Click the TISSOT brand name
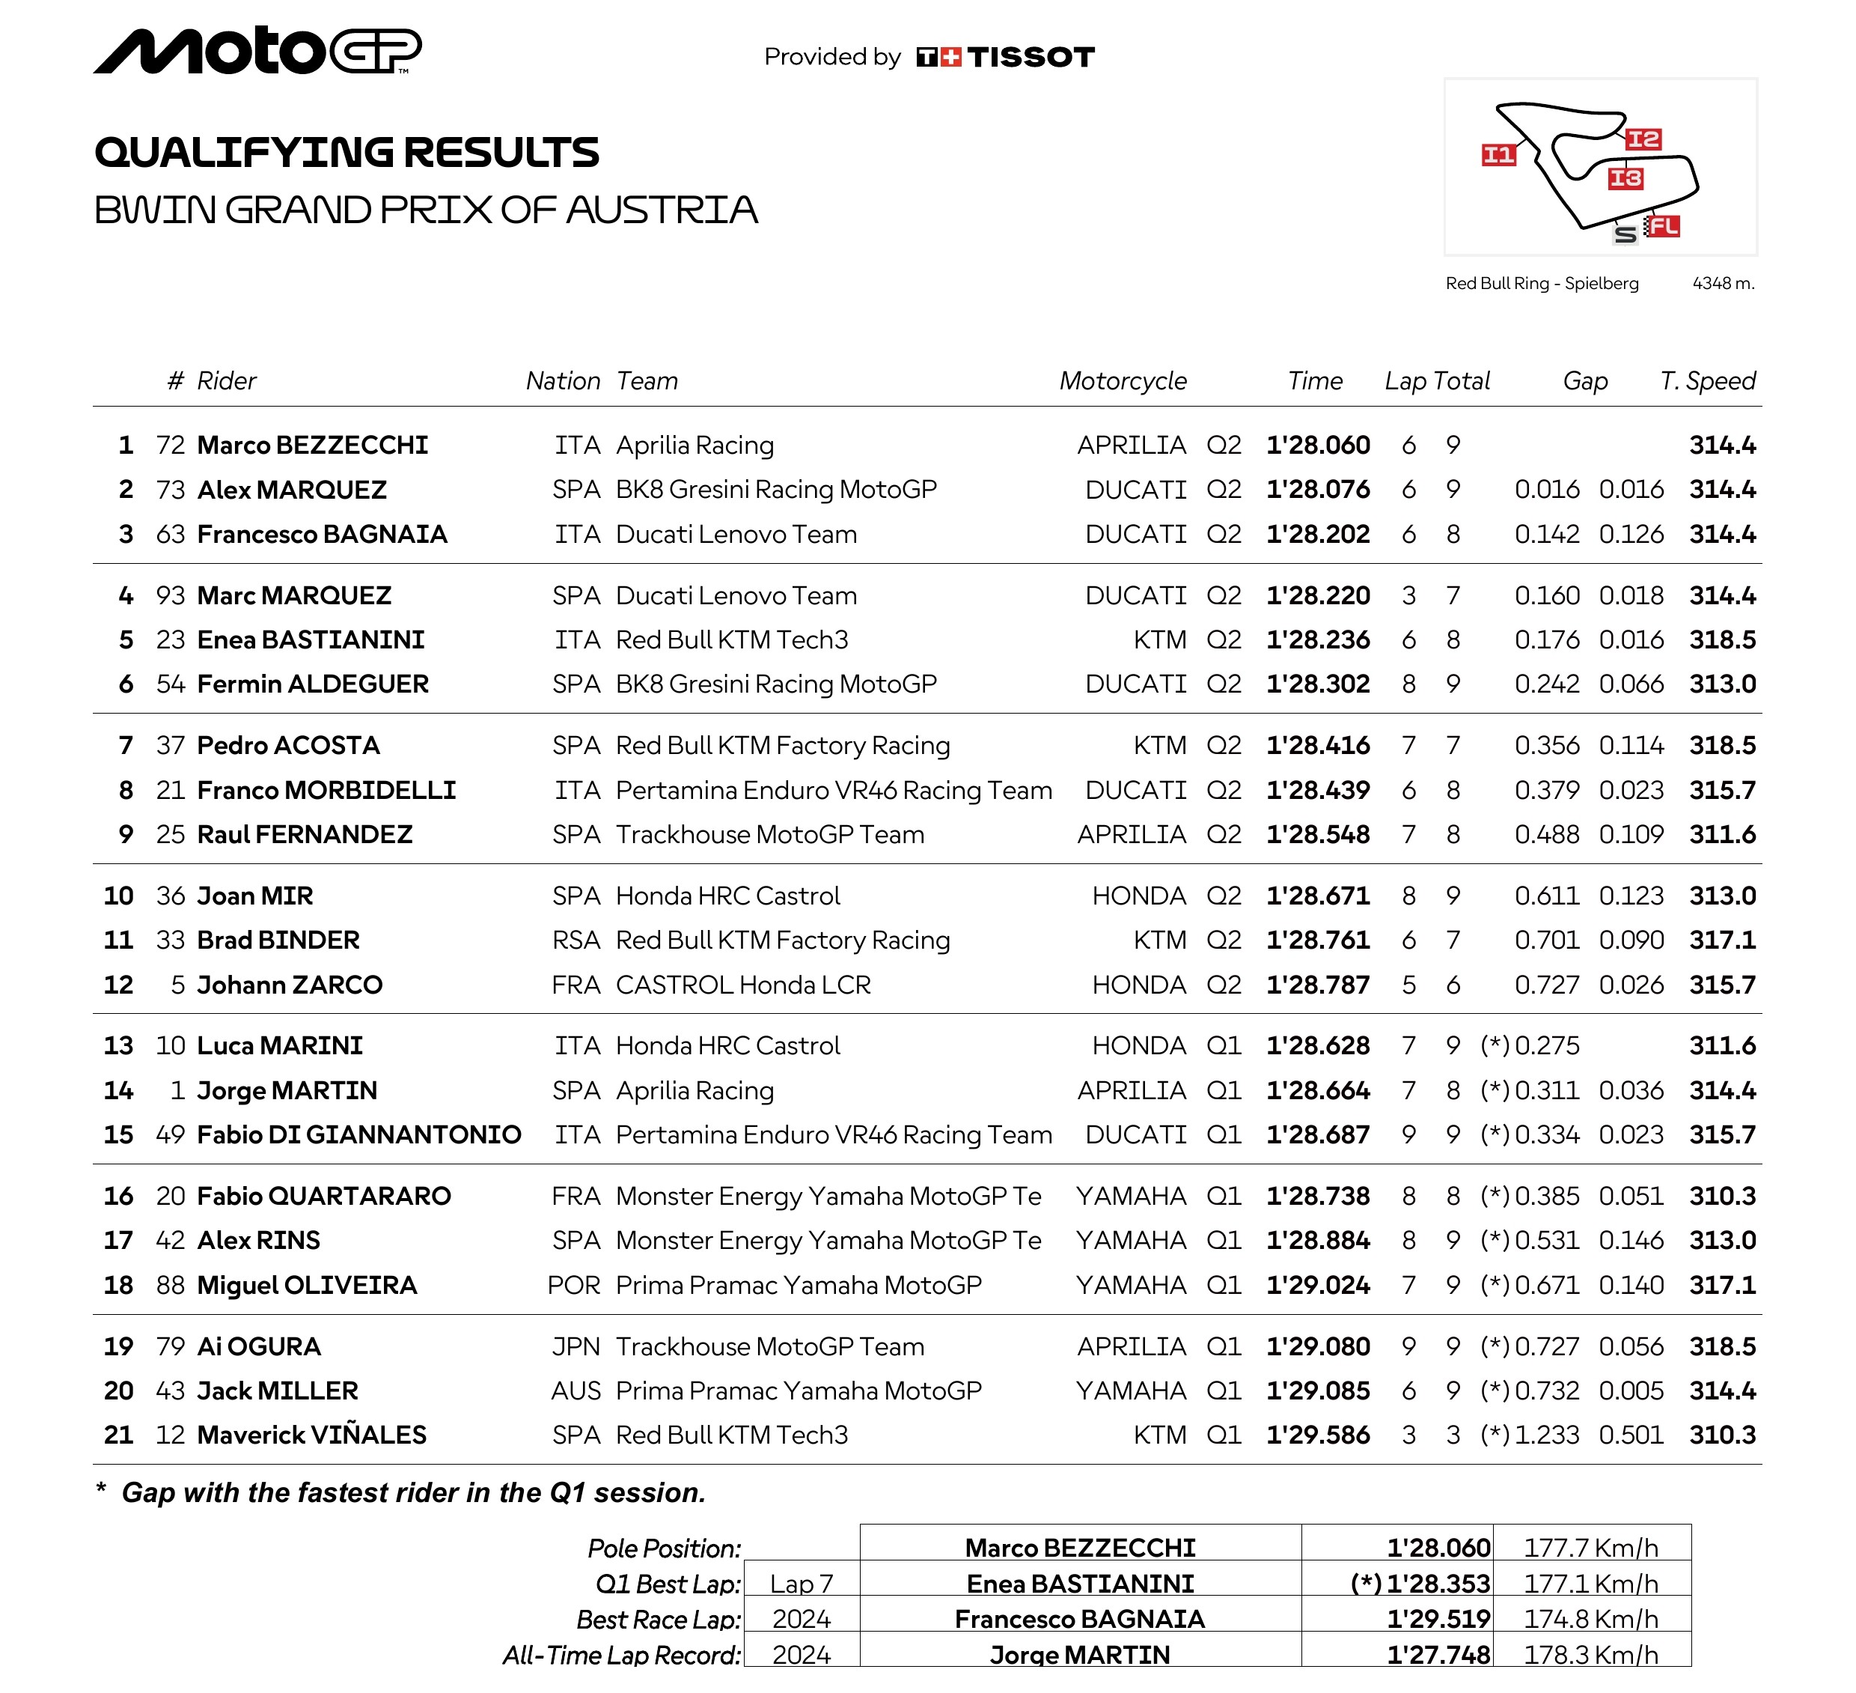click(1031, 57)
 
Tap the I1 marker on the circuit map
click(1498, 155)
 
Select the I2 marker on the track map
click(1643, 139)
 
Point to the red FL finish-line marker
click(1664, 227)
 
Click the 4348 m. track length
click(1724, 284)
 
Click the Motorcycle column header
click(1123, 381)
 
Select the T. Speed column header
click(1708, 381)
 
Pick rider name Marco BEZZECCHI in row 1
click(313, 446)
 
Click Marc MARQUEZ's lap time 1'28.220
click(1317, 596)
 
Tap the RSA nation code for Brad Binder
click(576, 940)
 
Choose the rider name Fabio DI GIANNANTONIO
click(359, 1135)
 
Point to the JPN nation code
click(576, 1346)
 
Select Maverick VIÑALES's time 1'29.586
click(1317, 1435)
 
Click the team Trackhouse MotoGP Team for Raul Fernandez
click(769, 835)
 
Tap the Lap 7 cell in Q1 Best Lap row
click(801, 1584)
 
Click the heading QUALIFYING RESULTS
click(347, 153)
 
